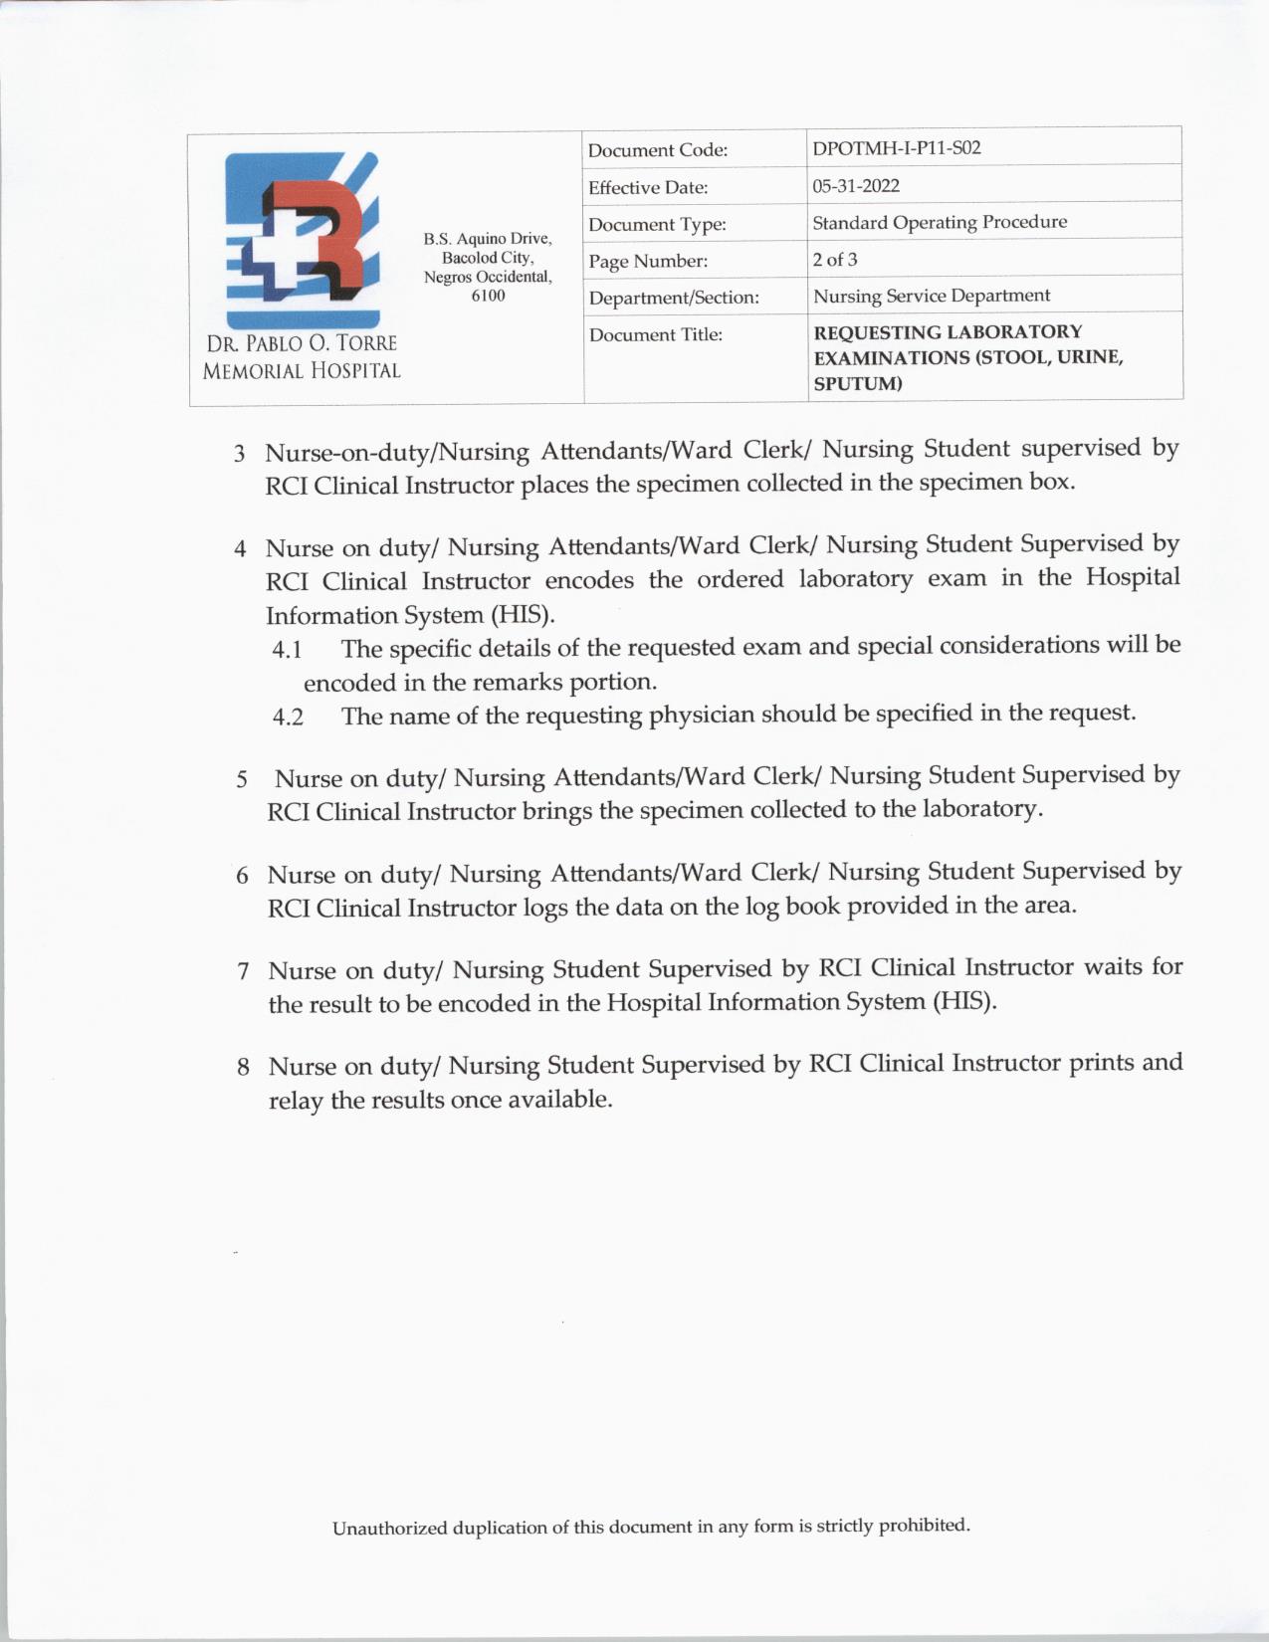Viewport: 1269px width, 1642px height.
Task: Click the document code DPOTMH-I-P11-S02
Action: [x=896, y=148]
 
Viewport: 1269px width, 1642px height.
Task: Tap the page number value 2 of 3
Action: [x=834, y=260]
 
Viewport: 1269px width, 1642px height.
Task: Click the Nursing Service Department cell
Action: [x=931, y=296]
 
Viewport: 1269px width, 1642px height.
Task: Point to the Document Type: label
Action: [x=657, y=225]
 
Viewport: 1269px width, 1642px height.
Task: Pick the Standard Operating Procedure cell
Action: [x=939, y=222]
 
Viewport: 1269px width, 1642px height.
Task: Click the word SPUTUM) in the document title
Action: [x=857, y=384]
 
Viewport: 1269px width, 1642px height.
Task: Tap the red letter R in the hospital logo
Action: [x=318, y=234]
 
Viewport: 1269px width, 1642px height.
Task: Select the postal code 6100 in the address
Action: [x=488, y=296]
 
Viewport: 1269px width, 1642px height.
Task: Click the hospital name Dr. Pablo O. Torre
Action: [x=302, y=343]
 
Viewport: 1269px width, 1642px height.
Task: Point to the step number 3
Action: [x=239, y=455]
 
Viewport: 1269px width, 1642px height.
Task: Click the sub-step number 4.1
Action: [x=287, y=650]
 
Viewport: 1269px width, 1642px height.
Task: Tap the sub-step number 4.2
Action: [x=288, y=718]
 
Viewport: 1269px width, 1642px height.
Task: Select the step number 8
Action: [x=243, y=1068]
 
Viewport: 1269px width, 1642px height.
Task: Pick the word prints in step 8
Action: [x=1101, y=1063]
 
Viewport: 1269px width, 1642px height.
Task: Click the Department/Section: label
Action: [x=673, y=298]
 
